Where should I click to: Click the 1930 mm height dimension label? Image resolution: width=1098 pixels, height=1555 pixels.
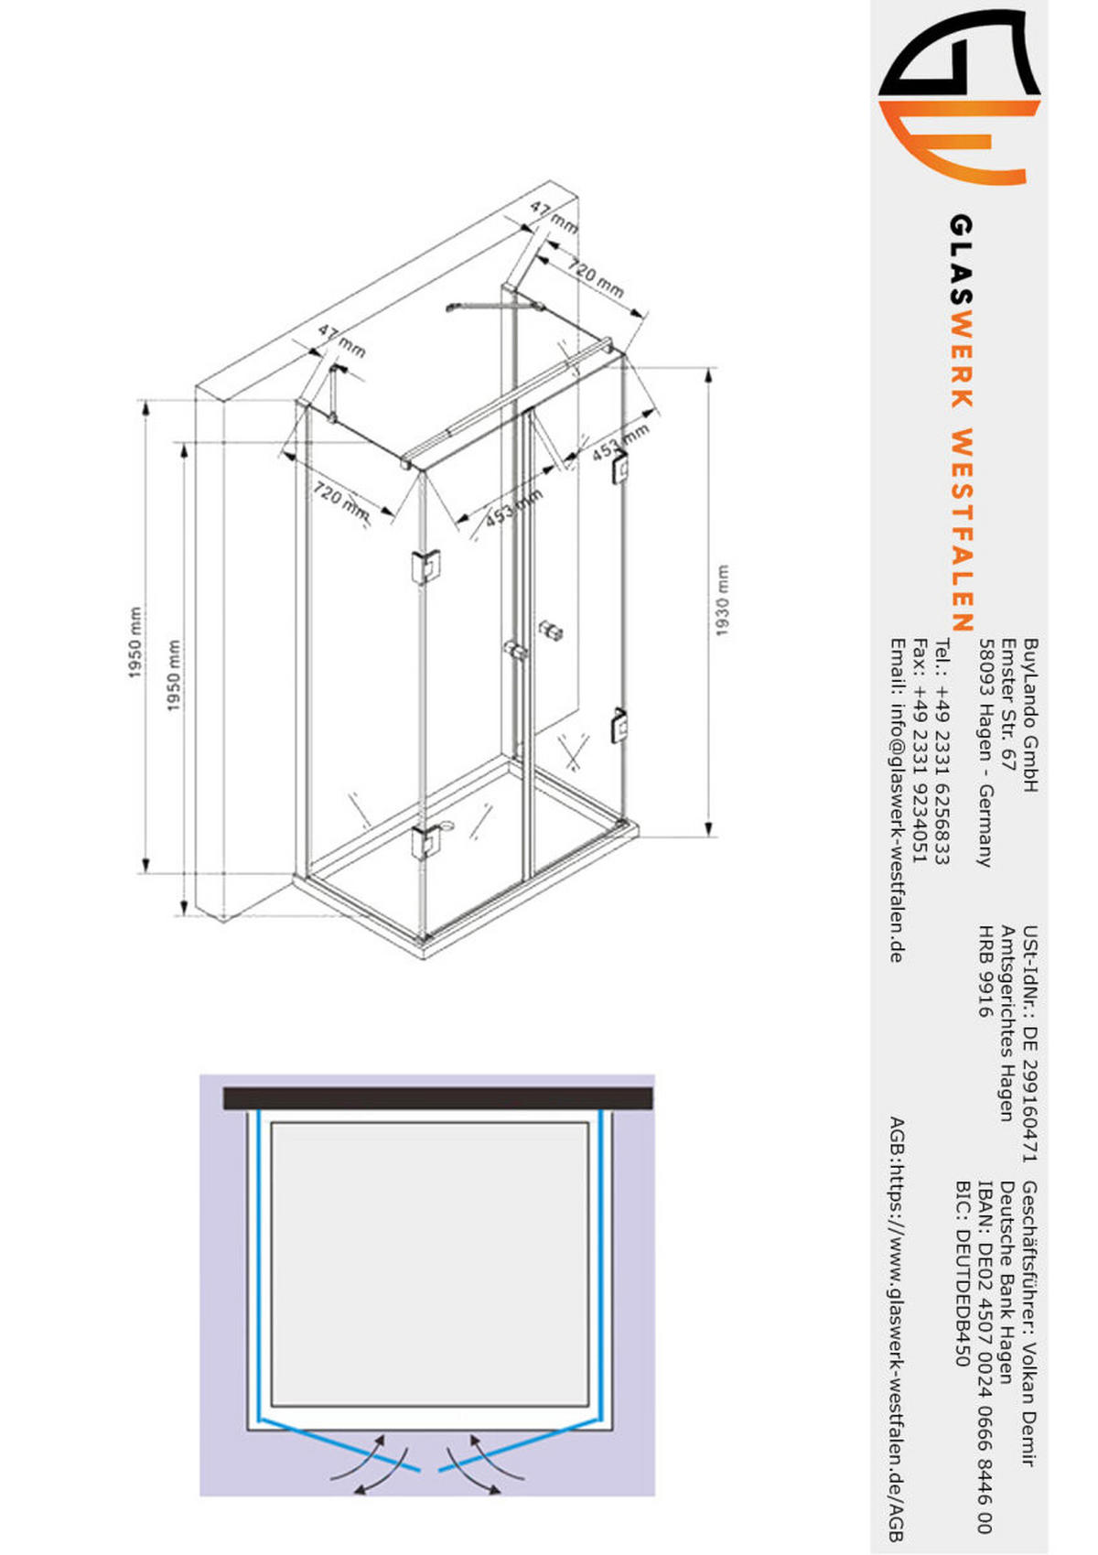722,600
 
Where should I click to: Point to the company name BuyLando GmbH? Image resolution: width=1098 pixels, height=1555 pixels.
1030,716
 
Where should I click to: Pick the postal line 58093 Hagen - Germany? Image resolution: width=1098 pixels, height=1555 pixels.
985,752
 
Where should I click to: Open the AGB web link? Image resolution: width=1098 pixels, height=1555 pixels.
898,1355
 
